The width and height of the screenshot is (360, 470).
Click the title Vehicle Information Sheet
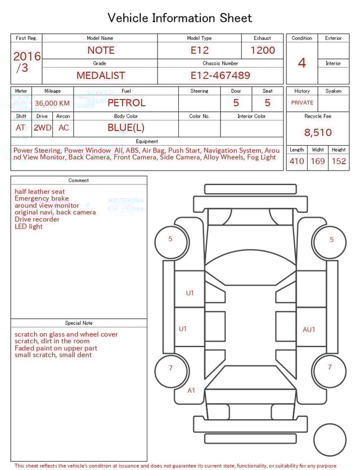(180, 18)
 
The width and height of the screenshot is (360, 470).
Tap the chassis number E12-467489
(220, 75)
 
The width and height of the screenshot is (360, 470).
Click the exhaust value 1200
(263, 50)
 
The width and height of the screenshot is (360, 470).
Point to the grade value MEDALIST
(101, 75)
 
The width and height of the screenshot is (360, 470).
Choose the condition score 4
(302, 62)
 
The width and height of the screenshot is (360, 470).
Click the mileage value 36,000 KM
(52, 103)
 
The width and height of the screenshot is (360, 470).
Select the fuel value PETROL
(126, 103)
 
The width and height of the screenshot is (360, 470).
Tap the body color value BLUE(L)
(126, 128)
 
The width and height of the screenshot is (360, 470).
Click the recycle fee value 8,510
(318, 133)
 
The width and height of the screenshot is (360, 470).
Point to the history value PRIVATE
(302, 103)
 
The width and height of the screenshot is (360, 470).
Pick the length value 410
(296, 162)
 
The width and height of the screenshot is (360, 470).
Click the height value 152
(339, 162)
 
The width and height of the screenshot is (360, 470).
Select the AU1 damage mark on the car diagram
(309, 330)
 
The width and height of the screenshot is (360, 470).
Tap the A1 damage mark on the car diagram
(191, 391)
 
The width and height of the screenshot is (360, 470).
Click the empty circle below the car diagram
(330, 440)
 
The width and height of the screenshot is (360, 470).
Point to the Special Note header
(79, 323)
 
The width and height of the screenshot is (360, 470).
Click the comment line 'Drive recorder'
(37, 220)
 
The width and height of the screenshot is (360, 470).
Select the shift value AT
(21, 128)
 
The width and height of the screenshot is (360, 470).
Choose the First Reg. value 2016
(27, 57)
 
